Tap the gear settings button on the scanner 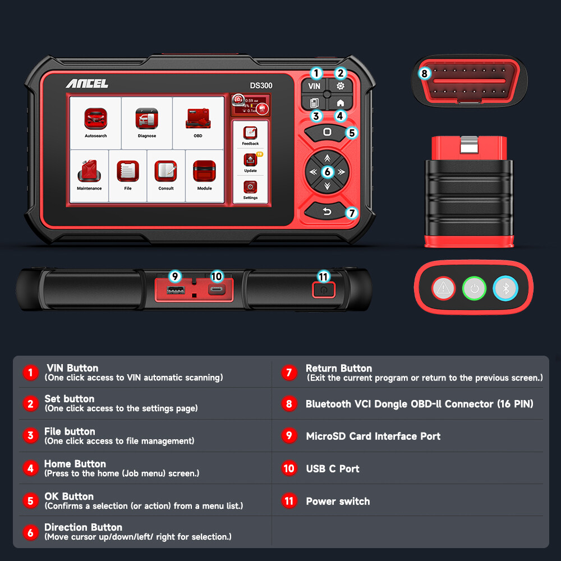pos(340,86)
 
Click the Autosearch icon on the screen pos(95,119)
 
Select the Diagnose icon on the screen pos(147,119)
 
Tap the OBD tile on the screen pos(197,119)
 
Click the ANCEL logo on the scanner pos(87,84)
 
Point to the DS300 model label pos(261,85)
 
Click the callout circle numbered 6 pos(328,172)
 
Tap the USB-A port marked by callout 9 pos(176,290)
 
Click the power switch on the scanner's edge pos(324,290)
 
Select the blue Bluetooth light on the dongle pos(505,288)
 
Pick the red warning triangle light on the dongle pos(444,288)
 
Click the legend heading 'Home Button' pos(75,464)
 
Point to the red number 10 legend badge pos(289,468)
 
